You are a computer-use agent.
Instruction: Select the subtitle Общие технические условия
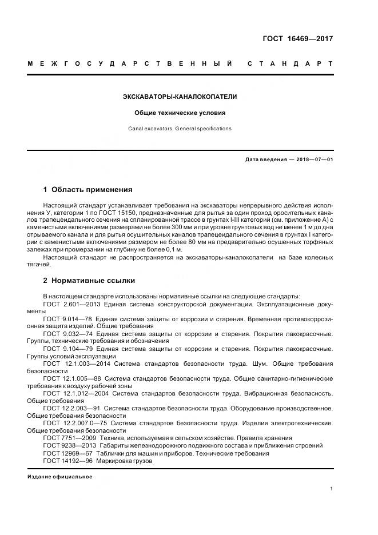(180, 113)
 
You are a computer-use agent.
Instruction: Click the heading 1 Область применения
(87, 189)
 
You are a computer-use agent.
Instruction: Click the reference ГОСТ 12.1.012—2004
(73, 393)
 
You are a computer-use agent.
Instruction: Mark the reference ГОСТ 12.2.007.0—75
(75, 423)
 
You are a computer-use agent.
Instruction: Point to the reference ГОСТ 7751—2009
(63, 438)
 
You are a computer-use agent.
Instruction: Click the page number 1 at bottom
(331, 489)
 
